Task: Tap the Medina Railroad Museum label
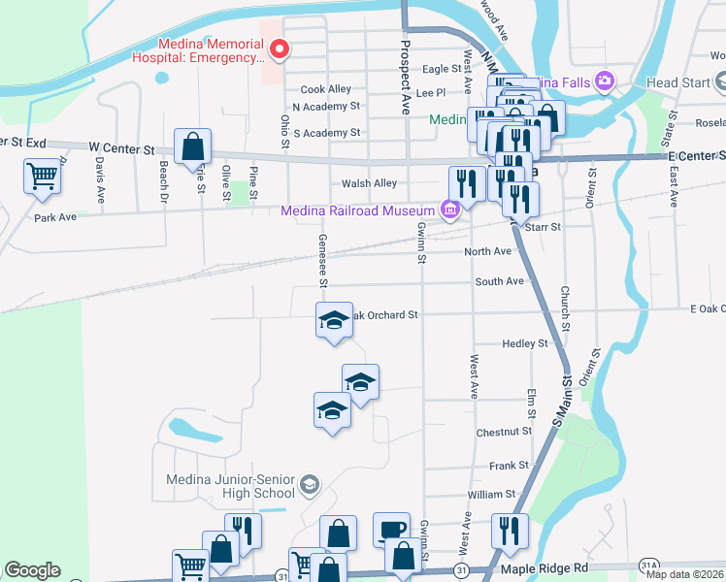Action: pyautogui.click(x=356, y=210)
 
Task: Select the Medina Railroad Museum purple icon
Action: pyautogui.click(x=449, y=210)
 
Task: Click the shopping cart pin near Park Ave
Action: pyautogui.click(x=43, y=178)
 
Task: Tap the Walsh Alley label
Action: pyautogui.click(x=369, y=183)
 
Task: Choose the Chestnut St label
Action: pyautogui.click(x=504, y=432)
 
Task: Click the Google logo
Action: pyautogui.click(x=32, y=570)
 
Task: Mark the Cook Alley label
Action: pyautogui.click(x=325, y=89)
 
